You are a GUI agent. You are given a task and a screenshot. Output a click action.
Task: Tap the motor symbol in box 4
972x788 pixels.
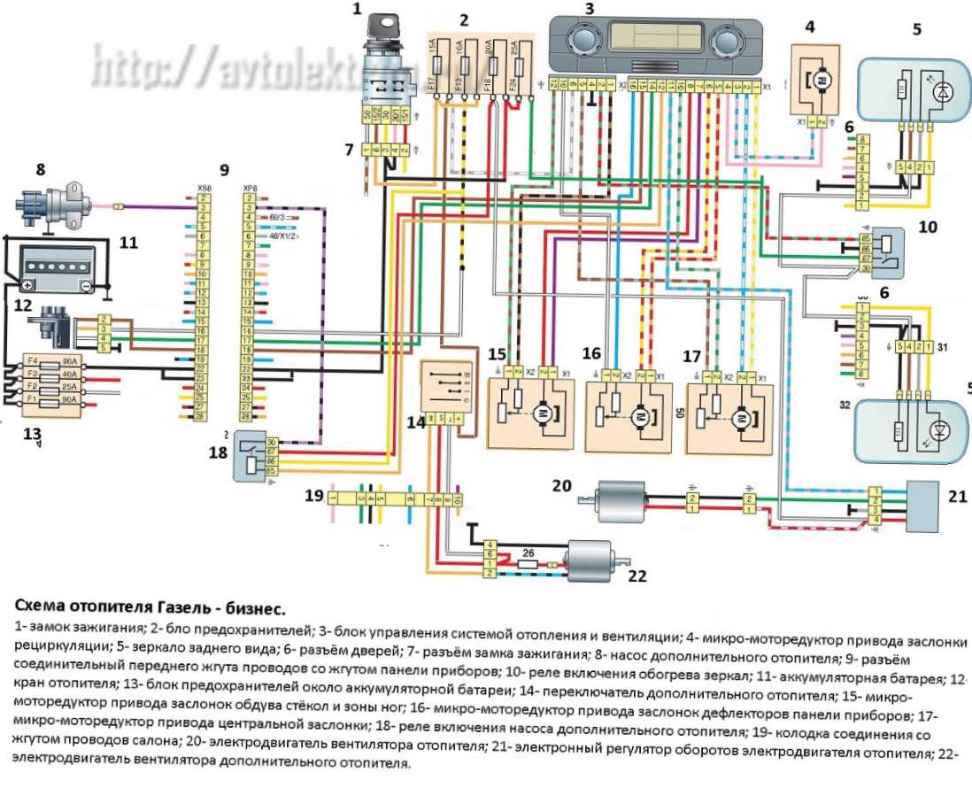[x=820, y=82]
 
